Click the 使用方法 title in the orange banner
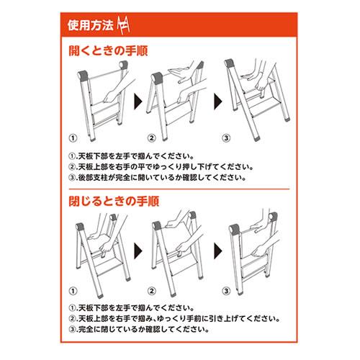point(90,25)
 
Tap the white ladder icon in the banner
point(123,25)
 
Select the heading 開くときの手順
point(108,50)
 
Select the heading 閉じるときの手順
point(114,201)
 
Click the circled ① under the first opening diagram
point(73,138)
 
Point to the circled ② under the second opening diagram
point(151,138)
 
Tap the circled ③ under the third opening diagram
point(226,138)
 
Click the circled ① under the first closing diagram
point(73,291)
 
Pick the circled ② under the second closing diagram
point(151,291)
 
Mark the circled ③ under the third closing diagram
point(226,291)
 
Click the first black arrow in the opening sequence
point(138,102)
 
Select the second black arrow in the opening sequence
point(218,102)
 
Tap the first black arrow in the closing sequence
point(138,251)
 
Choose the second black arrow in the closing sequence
point(218,251)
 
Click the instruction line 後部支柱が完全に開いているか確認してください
point(158,178)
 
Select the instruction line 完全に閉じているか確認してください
point(139,329)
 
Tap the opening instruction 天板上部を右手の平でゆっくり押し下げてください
point(161,167)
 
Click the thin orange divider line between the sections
point(179,189)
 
